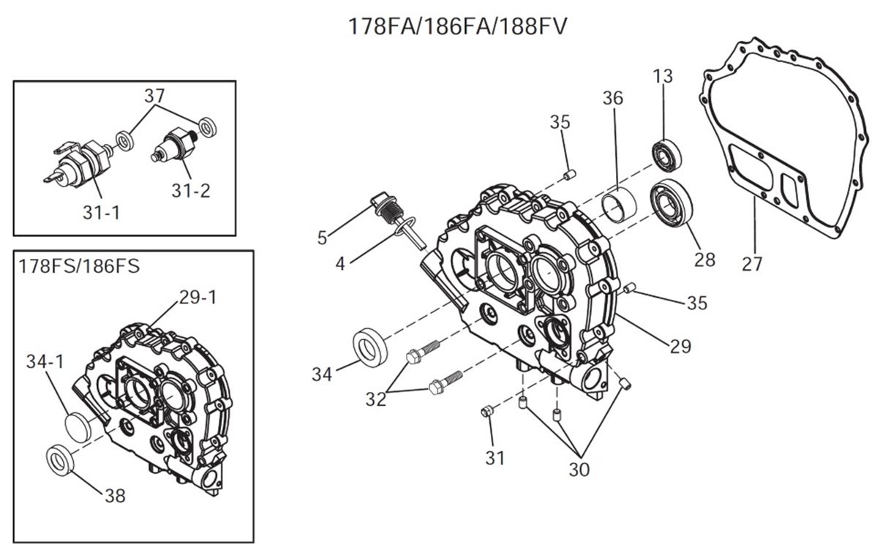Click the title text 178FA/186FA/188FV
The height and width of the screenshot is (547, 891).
(458, 26)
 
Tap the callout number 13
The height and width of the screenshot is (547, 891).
(663, 76)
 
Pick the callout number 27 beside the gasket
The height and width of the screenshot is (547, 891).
(752, 263)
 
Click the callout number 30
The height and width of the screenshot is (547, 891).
(578, 469)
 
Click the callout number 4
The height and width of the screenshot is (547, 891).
(340, 263)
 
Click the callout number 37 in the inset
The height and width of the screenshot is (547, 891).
(155, 95)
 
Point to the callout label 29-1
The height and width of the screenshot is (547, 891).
(198, 298)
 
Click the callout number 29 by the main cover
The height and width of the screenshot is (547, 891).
(680, 345)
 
